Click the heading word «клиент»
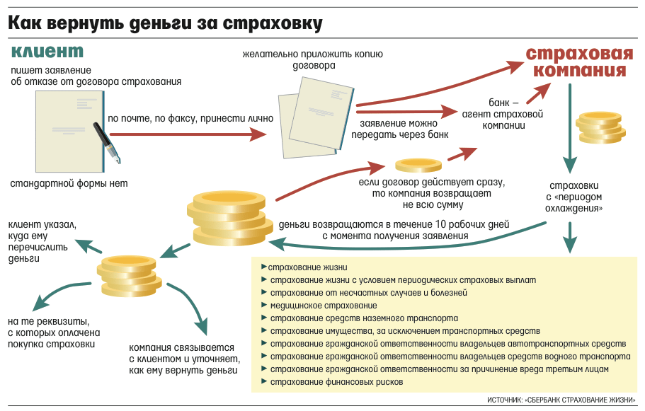(x=48, y=52)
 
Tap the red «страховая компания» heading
(x=579, y=63)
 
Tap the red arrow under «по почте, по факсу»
(x=189, y=134)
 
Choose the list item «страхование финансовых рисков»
(x=336, y=382)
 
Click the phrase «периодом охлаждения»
(x=574, y=203)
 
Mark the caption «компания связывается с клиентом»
(x=183, y=359)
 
